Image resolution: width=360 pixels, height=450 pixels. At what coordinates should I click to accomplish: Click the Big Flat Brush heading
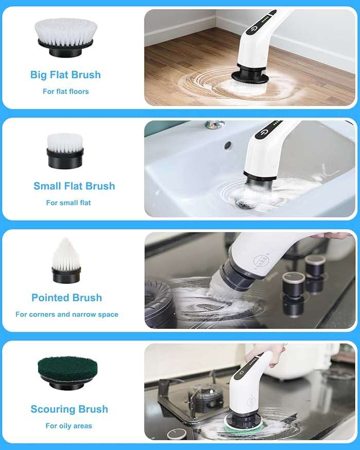point(65,75)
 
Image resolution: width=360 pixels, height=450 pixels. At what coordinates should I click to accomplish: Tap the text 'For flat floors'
point(65,92)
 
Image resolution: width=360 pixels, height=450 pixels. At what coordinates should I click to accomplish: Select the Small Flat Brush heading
point(74,186)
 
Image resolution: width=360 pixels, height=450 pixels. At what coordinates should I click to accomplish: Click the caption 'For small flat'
point(68,203)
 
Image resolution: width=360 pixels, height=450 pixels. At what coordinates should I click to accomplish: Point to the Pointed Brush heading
point(66,298)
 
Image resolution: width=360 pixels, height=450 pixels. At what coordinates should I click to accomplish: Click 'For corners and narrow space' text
point(67,314)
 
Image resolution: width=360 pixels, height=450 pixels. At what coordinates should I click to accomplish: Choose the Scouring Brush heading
point(69,409)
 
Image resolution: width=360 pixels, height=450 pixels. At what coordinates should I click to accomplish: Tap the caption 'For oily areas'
point(68,426)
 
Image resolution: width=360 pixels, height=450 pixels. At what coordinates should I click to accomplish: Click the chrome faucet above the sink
point(215,124)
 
